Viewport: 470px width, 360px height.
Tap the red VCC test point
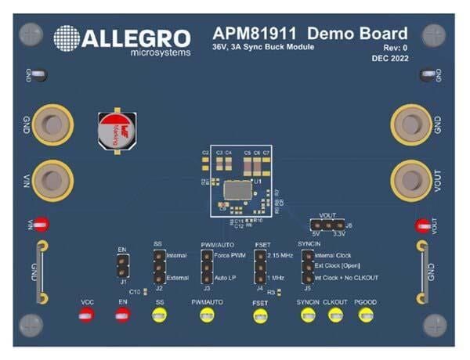pyautogui.click(x=86, y=315)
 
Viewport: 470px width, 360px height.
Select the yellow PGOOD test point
pyautogui.click(x=365, y=315)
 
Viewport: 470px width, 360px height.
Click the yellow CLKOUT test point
pyautogui.click(x=335, y=315)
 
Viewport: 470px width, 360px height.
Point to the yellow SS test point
pyautogui.click(x=160, y=315)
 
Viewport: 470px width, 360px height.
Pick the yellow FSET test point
pyautogui.click(x=259, y=316)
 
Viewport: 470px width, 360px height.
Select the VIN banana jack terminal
pyautogui.click(x=52, y=178)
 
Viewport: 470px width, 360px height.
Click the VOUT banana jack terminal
pyautogui.click(x=409, y=178)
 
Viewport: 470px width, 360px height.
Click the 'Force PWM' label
pyautogui.click(x=230, y=255)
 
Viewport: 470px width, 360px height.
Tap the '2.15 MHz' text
pyautogui.click(x=281, y=255)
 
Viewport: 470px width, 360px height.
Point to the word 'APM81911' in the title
pyautogui.click(x=256, y=34)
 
